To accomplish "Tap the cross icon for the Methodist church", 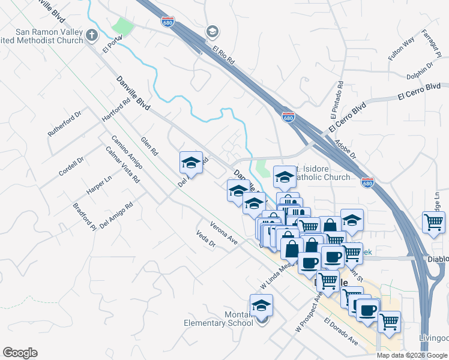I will coord(92,35).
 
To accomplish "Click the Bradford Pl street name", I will coord(85,217).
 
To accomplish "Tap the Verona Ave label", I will coord(224,233).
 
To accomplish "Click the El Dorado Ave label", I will coord(341,331).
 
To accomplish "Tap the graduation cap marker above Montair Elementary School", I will coord(261,305).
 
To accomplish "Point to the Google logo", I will coord(20,353).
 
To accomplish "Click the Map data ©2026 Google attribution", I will coord(412,355).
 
